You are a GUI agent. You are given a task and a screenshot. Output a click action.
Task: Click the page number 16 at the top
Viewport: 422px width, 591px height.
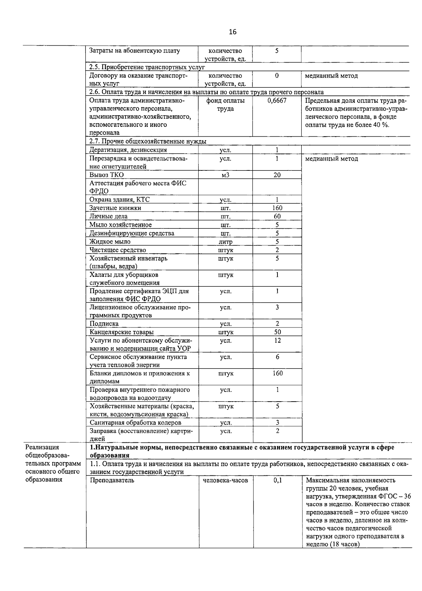click(x=232, y=32)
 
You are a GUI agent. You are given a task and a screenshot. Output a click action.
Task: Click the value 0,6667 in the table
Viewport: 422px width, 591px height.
click(x=277, y=101)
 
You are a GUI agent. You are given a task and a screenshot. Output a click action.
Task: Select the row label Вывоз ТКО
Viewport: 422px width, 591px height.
click(x=106, y=175)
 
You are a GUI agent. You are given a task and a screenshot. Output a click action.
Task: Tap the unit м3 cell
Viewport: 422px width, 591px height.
click(x=225, y=175)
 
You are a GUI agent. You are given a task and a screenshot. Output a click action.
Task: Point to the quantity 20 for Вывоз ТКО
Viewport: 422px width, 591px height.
click(x=277, y=175)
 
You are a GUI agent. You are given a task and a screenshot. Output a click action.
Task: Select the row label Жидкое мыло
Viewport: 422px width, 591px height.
click(x=110, y=242)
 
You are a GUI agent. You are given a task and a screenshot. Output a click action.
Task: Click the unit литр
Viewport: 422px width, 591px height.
click(x=225, y=242)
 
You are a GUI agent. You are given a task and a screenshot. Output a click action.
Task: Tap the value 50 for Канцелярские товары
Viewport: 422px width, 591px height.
click(x=277, y=332)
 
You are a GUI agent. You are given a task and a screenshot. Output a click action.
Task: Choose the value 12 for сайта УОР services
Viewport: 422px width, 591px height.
click(x=277, y=340)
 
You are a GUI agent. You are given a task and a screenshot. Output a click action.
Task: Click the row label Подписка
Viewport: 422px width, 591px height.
click(x=104, y=324)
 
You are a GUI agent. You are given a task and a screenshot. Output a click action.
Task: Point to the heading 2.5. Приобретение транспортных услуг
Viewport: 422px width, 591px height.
click(x=147, y=67)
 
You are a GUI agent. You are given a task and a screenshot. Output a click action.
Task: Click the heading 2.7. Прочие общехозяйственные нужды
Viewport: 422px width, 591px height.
click(x=148, y=141)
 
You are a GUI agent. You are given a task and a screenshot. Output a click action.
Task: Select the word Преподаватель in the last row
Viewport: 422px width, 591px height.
click(x=112, y=480)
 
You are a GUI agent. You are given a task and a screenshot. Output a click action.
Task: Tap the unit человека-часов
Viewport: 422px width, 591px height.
click(x=225, y=480)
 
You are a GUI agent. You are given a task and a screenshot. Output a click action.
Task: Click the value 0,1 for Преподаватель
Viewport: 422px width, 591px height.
click(x=277, y=480)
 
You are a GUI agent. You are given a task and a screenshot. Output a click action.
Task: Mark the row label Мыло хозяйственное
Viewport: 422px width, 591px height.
click(x=120, y=225)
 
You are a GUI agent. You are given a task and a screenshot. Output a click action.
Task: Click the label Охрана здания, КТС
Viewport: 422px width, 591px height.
click(x=119, y=200)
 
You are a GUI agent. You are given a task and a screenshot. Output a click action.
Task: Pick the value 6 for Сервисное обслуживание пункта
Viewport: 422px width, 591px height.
click(x=277, y=357)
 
